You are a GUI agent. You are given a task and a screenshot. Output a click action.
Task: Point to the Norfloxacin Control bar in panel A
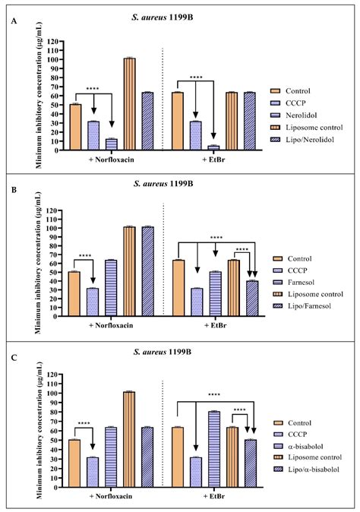(75, 127)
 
